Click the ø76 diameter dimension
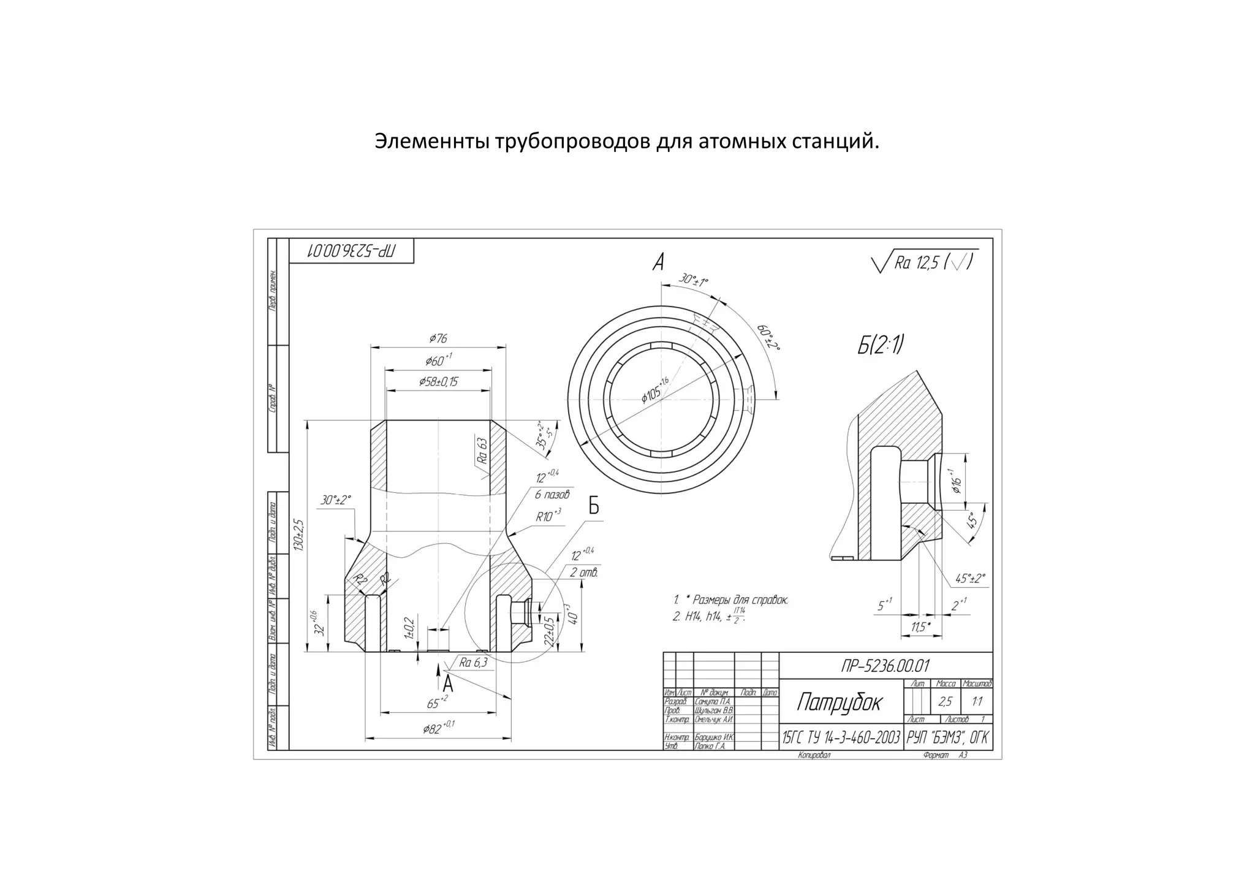(x=438, y=338)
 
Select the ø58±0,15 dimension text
(x=438, y=382)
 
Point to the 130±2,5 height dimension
(x=298, y=535)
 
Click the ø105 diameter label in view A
(x=654, y=390)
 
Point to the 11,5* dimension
(x=920, y=627)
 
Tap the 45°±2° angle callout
(x=969, y=578)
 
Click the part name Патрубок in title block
(x=839, y=702)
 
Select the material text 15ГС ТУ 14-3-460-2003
(x=841, y=737)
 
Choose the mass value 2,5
(x=945, y=702)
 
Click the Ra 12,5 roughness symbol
(x=925, y=263)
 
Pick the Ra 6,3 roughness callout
(x=473, y=662)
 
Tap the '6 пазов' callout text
(x=552, y=494)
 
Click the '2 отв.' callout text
(x=583, y=573)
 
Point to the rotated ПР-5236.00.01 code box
(x=351, y=251)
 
